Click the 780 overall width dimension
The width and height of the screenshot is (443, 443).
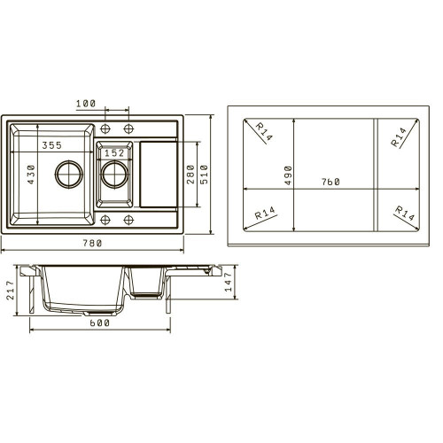92,243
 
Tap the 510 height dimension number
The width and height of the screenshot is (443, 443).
204,175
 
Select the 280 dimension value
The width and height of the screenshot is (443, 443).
190,175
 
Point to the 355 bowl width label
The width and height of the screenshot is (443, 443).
52,145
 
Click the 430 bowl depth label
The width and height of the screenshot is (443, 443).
31,175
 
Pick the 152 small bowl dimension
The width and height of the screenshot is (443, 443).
114,153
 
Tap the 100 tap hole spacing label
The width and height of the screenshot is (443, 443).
86,104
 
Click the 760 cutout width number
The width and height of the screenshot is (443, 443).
330,182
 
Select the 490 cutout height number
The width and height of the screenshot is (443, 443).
288,175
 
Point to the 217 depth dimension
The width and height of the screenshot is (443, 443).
11,291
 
